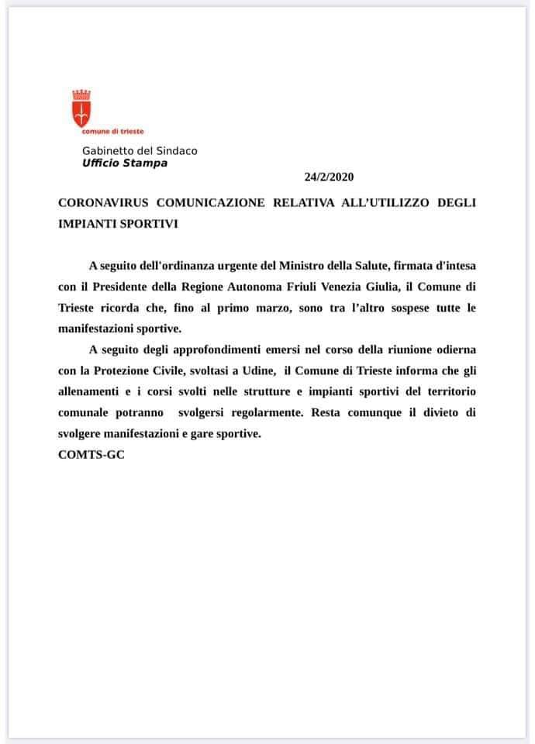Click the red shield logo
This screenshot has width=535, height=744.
81,109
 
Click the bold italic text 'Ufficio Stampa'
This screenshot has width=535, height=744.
124,163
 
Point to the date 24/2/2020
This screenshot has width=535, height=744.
328,177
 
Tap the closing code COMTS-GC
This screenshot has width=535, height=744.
91,454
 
